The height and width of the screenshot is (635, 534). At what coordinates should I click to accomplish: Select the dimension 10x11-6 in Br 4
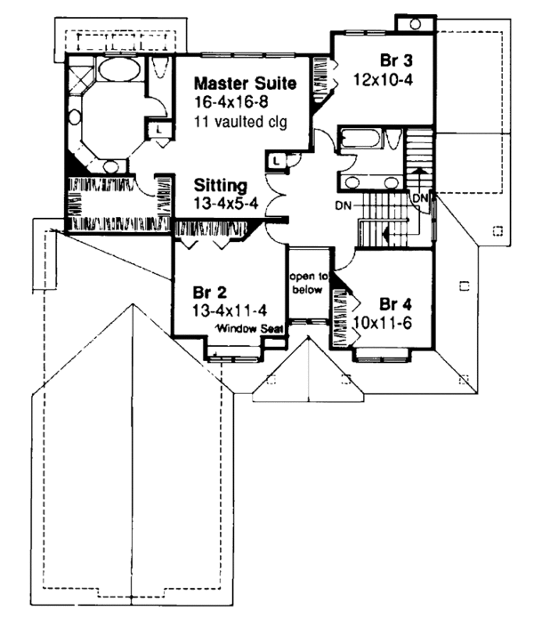[382, 323]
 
